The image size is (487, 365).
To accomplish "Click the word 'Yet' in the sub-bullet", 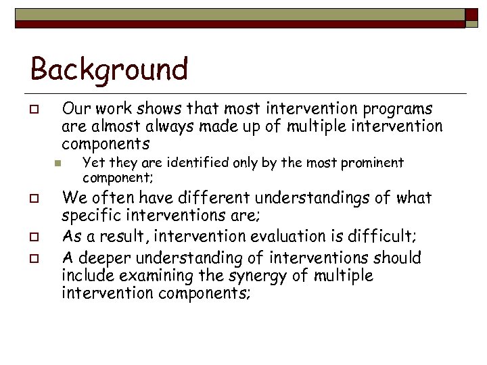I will click(91, 163).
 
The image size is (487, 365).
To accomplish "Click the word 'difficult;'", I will click(386, 236).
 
